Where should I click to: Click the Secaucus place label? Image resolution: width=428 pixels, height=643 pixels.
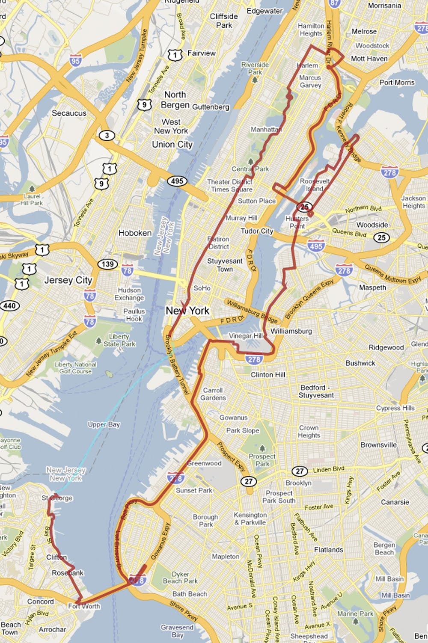[69, 113]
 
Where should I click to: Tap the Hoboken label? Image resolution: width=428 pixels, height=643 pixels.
[135, 233]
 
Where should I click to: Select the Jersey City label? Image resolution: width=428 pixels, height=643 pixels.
[68, 280]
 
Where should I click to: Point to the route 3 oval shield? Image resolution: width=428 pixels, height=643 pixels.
[107, 136]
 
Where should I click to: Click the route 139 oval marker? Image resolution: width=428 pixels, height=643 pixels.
[108, 264]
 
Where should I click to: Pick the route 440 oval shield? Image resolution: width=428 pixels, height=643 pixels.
[9, 305]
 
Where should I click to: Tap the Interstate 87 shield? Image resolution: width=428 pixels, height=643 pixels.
[334, 3]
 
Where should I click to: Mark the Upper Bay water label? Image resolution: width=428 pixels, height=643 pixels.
[104, 424]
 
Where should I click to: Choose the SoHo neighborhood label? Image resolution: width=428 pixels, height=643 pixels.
[202, 288]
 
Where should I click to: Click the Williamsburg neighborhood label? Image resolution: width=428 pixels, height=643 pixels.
[291, 331]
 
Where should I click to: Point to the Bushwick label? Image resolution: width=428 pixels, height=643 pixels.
[360, 363]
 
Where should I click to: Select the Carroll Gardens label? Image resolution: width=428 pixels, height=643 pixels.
[213, 394]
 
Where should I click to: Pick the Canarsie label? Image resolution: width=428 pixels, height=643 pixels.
[395, 502]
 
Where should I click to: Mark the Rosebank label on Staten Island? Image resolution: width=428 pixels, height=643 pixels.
[68, 573]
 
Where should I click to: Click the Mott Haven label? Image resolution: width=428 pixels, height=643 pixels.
[369, 59]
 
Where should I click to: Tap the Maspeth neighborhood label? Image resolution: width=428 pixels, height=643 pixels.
[372, 287]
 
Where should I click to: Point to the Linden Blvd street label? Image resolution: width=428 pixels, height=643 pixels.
[328, 469]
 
